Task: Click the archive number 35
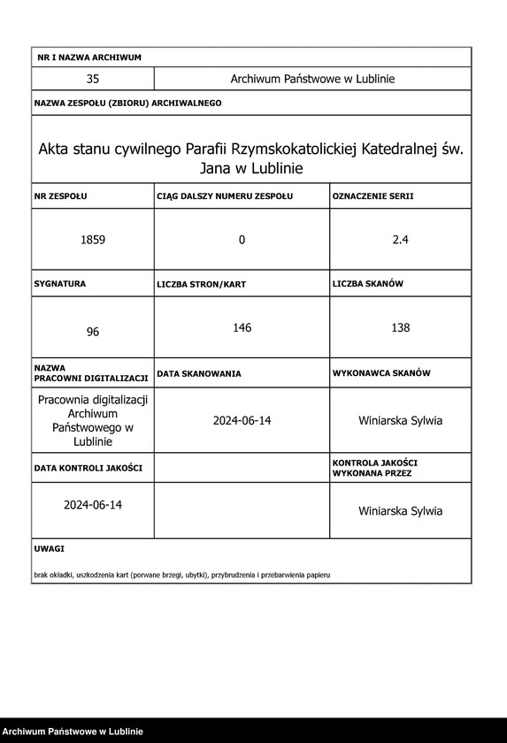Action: coord(93,79)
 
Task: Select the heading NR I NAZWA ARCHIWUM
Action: coord(89,57)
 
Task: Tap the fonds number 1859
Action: coord(93,240)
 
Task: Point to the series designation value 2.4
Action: coord(400,240)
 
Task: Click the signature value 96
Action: coord(93,332)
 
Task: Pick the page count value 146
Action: coord(242,328)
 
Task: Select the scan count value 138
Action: coord(400,328)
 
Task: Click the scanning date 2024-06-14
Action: coord(242,420)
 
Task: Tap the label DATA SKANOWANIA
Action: coord(199,374)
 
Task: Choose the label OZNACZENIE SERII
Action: coord(373,195)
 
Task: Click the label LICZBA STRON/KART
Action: coord(201,285)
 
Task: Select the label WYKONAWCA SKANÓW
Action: coord(381,373)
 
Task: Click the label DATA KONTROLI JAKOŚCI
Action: coord(88,467)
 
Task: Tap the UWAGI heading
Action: coord(50,548)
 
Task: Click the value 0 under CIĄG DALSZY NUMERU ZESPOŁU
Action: coord(242,240)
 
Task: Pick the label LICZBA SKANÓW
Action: coord(368,284)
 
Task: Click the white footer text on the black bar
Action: coord(73,732)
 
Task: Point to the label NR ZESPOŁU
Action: coord(61,195)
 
